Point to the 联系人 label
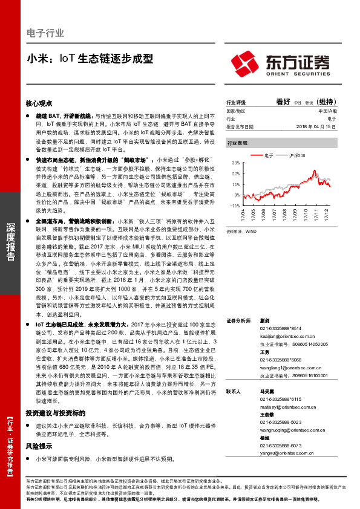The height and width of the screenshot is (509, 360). (233, 392)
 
